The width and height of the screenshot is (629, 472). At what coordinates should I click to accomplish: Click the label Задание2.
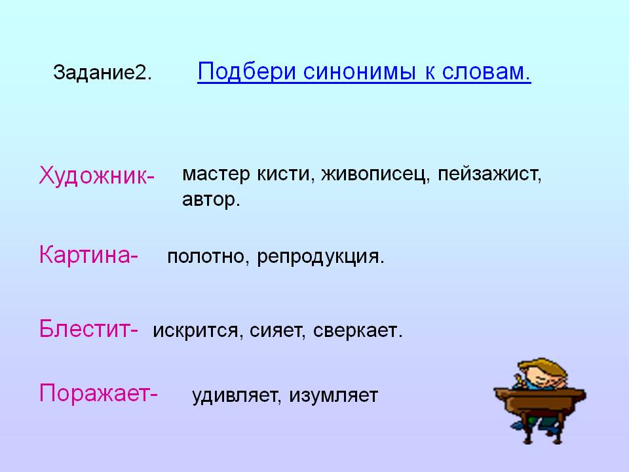[102, 73]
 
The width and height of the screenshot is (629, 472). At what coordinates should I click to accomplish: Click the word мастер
[216, 174]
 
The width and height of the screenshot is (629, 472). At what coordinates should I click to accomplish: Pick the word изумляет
[334, 396]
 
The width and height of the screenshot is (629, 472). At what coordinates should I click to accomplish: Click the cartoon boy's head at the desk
[542, 373]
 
